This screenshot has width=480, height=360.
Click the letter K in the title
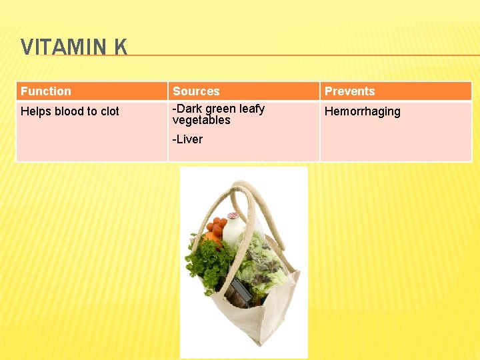click(x=120, y=47)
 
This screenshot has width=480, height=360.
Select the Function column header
click(x=46, y=91)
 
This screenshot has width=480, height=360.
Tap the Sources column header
click(x=196, y=91)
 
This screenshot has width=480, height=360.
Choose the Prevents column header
click(x=349, y=91)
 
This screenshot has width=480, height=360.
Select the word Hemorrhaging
click(x=362, y=112)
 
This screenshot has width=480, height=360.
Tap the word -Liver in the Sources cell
click(x=187, y=139)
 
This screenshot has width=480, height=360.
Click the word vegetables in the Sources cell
click(x=201, y=121)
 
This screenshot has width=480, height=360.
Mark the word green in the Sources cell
click(x=221, y=109)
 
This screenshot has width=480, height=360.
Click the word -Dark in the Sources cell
click(x=187, y=109)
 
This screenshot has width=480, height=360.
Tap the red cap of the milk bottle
click(x=233, y=216)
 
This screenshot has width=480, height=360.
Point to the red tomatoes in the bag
click(x=219, y=226)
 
